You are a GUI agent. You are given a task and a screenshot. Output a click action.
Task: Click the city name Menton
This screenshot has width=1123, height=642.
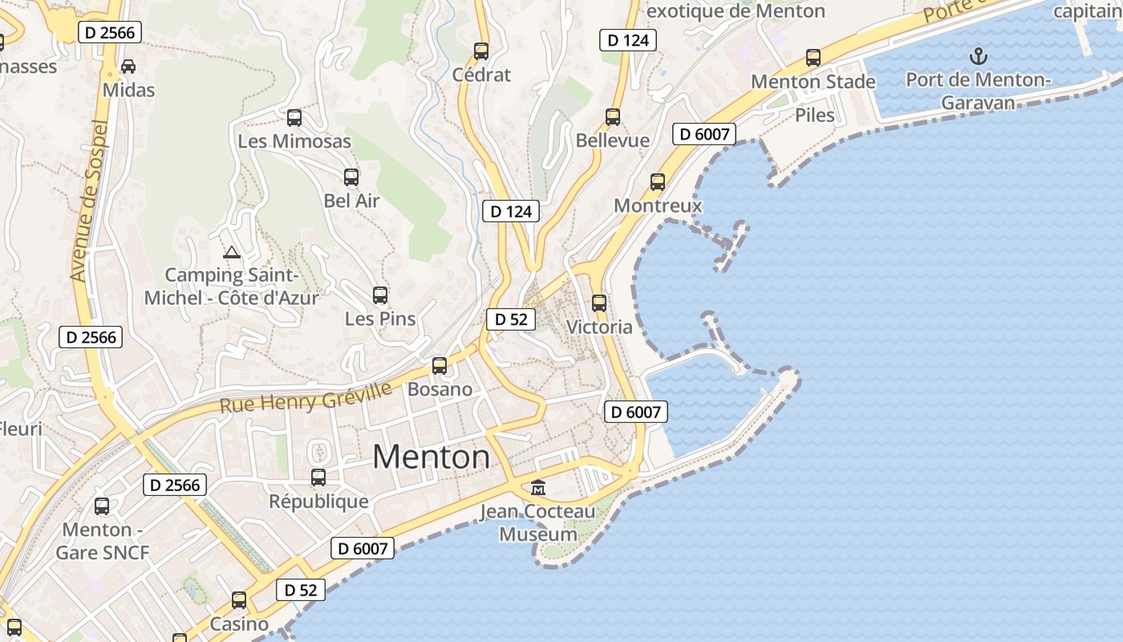[x=431, y=457]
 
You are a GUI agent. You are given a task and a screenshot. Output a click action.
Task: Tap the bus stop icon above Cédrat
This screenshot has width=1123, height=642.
[x=481, y=51]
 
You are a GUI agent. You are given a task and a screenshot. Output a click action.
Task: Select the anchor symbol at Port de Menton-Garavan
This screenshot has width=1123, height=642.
[x=978, y=56]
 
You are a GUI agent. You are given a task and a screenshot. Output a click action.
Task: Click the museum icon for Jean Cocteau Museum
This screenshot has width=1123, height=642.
[x=537, y=487]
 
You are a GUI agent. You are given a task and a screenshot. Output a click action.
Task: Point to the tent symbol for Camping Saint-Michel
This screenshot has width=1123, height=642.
[x=232, y=253]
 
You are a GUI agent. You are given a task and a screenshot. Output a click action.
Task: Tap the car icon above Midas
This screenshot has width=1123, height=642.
[x=128, y=67]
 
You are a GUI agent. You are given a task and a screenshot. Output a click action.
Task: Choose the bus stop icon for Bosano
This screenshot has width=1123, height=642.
[x=440, y=366]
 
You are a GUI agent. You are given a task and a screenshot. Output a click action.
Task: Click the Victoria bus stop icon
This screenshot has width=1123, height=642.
[x=599, y=303]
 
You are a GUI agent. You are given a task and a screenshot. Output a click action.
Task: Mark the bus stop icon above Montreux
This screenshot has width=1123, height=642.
[x=658, y=182]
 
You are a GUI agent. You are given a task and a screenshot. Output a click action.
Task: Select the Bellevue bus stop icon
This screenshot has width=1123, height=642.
[x=613, y=117]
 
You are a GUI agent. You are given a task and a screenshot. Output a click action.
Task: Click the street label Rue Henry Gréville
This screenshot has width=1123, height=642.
[x=306, y=399]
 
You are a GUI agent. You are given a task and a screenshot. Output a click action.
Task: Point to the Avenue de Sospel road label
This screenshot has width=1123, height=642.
[x=90, y=201]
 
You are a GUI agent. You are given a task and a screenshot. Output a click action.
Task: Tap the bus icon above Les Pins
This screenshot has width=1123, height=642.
[x=380, y=295]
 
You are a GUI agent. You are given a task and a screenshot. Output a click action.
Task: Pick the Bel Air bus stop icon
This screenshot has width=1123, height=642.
[x=351, y=177]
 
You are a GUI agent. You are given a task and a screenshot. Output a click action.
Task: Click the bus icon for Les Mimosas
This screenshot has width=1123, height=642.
[x=294, y=118]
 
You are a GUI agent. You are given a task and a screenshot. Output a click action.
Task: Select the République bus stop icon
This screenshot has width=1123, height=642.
[x=318, y=477]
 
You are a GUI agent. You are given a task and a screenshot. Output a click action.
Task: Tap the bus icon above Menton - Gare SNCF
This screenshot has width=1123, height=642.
[x=102, y=506]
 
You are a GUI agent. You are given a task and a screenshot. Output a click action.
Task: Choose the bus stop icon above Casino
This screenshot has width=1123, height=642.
[x=239, y=600]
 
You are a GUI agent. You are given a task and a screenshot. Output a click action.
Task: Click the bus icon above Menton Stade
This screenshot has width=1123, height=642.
[x=813, y=58]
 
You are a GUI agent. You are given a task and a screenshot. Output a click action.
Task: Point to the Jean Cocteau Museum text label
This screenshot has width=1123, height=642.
[x=538, y=522]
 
